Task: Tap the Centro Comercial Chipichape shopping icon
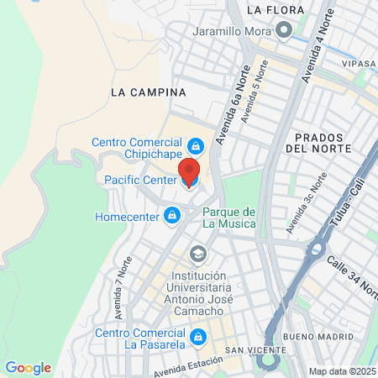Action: (196, 146)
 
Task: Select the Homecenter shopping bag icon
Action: (172, 216)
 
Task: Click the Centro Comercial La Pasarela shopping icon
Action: (198, 338)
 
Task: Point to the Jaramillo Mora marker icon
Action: (285, 31)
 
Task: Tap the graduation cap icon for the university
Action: (198, 254)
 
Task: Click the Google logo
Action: (28, 368)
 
